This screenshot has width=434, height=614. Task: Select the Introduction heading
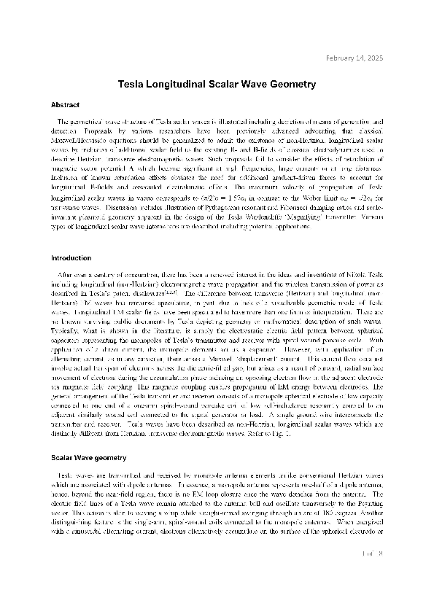71,258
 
